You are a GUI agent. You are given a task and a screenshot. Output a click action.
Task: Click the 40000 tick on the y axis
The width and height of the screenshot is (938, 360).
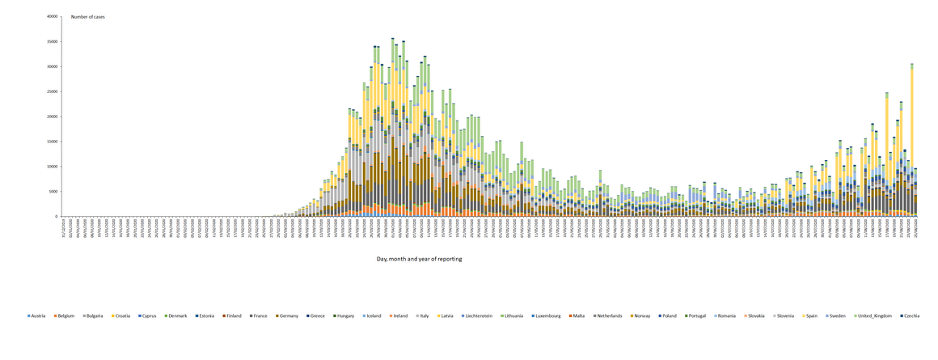53,16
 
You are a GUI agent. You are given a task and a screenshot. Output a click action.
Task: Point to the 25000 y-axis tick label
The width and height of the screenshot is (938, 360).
53,91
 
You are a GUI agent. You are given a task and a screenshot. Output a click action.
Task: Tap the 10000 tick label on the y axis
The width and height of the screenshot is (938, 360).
53,167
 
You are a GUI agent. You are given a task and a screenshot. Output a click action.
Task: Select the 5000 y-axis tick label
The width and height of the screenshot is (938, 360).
54,192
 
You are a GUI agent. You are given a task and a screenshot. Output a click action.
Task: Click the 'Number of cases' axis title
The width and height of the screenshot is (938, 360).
88,17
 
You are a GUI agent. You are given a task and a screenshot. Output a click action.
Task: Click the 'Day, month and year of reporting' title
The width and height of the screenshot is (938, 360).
419,259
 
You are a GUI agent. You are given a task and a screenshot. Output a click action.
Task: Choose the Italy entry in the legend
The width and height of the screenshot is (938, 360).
422,316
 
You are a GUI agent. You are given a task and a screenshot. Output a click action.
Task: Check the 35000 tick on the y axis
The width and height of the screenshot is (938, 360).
53,41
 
